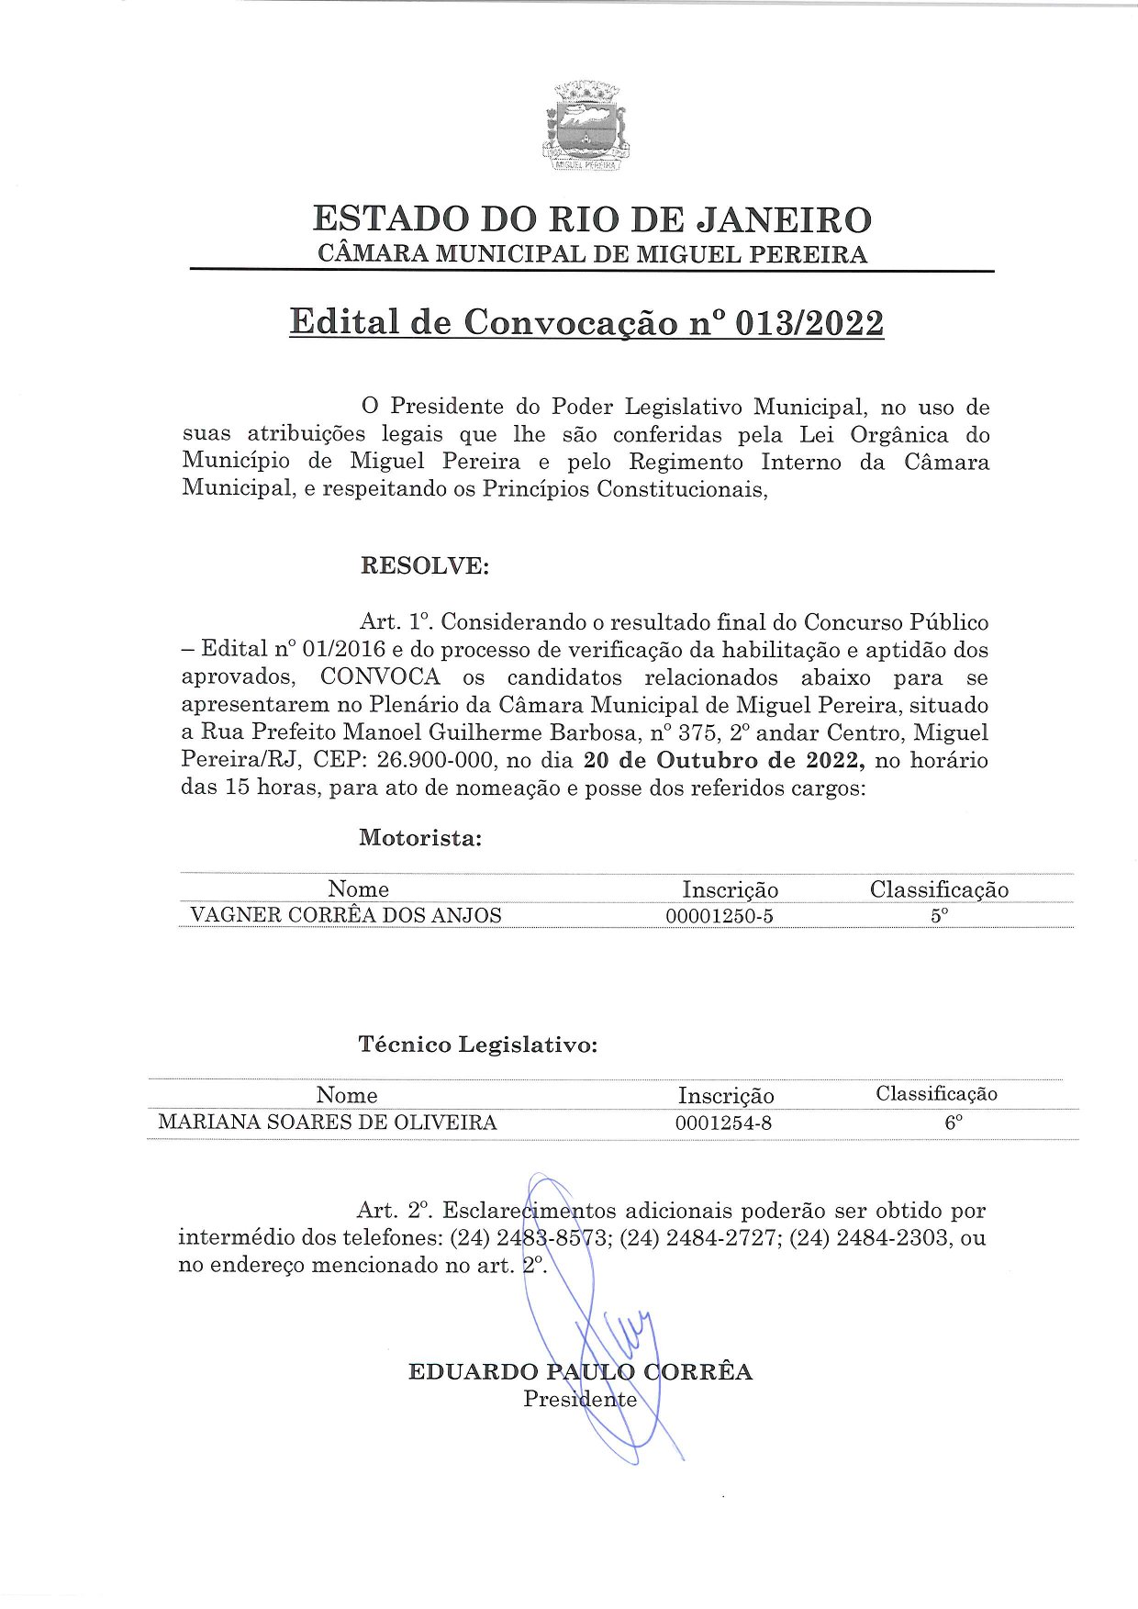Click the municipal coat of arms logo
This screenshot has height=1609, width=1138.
(586, 128)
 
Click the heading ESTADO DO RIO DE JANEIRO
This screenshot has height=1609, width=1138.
(592, 219)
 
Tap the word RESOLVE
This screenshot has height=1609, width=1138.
(424, 565)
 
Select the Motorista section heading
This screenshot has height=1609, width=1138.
(420, 838)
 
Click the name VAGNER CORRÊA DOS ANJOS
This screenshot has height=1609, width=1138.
(346, 916)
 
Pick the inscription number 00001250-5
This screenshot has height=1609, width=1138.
(720, 916)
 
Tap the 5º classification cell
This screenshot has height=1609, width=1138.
(939, 916)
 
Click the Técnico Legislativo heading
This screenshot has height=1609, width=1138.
(477, 1045)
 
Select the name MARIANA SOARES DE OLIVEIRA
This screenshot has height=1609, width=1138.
(328, 1123)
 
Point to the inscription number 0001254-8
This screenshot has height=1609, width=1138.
(723, 1123)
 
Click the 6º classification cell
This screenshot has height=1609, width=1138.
(954, 1123)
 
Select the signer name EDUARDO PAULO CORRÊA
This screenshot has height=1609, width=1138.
(580, 1372)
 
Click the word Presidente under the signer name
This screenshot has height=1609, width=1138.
(580, 1400)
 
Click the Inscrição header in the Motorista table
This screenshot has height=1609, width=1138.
(730, 889)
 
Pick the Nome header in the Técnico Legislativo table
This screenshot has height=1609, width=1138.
(347, 1095)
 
